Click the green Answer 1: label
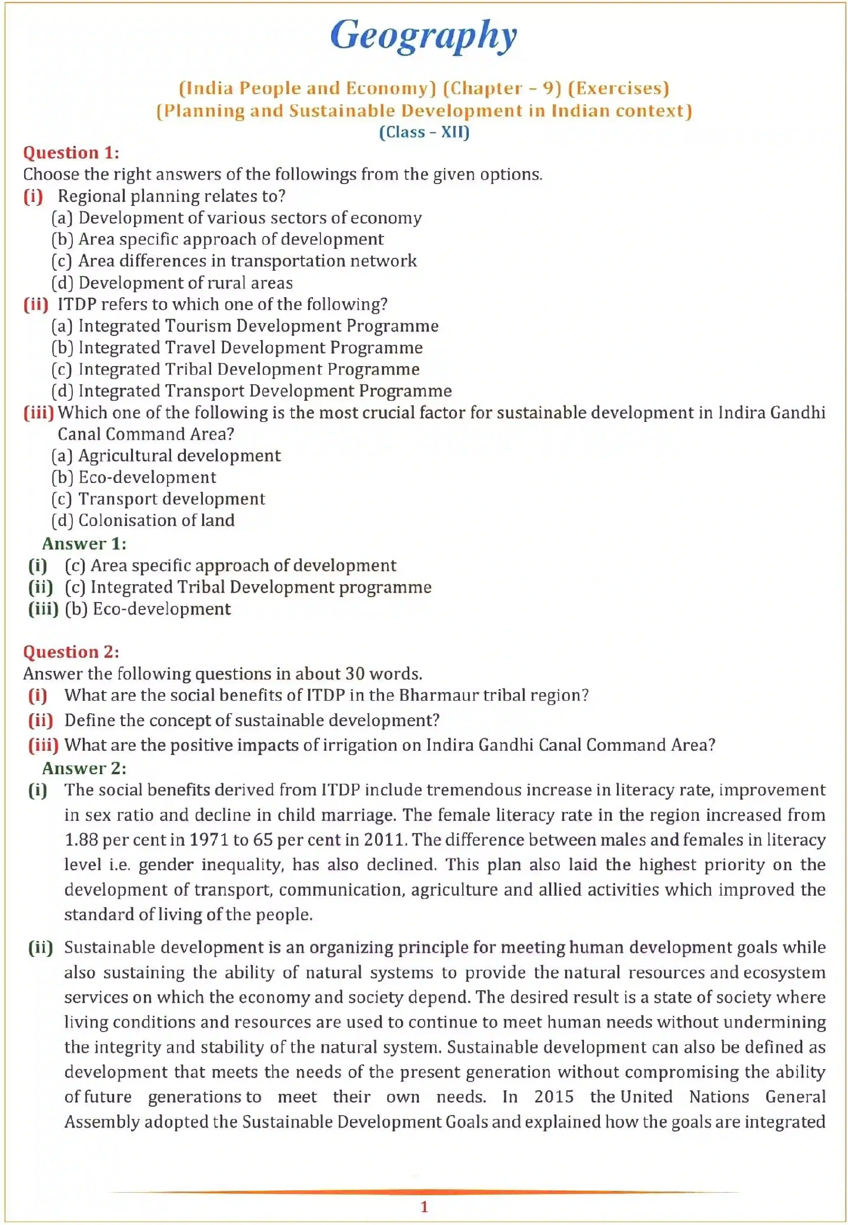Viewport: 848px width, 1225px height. (84, 544)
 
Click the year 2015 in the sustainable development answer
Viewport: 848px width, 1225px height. (554, 1096)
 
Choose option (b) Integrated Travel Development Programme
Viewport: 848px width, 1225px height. (237, 348)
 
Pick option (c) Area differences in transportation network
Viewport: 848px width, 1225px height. (234, 261)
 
